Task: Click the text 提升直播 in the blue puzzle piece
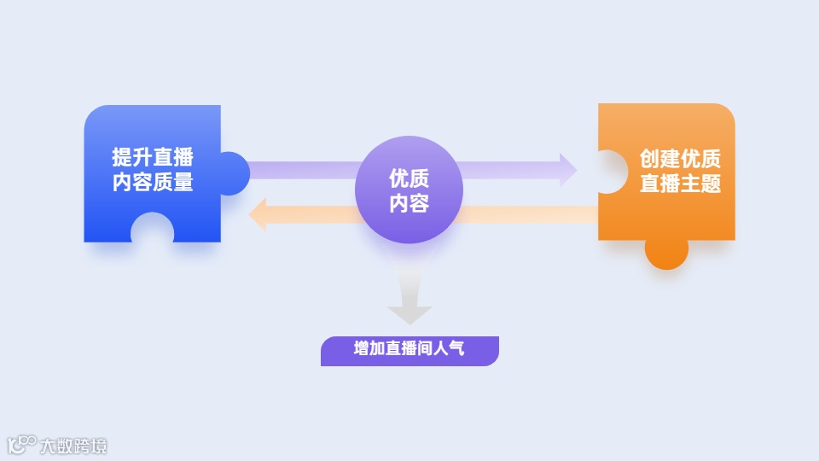[153, 158]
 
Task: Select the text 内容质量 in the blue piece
[153, 183]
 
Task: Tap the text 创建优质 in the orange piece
[680, 160]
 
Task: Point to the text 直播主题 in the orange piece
[680, 184]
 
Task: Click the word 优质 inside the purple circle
[409, 178]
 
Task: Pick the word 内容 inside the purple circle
[409, 203]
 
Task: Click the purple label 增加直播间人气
[409, 350]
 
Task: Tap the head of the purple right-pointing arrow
[566, 170]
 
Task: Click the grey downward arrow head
[409, 313]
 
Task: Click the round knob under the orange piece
[666, 251]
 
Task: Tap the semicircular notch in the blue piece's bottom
[153, 230]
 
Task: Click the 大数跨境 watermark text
[75, 446]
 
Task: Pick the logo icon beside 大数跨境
[22, 444]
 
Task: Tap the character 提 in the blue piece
[122, 158]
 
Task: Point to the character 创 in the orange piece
[650, 160]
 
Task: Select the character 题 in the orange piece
[711, 184]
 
